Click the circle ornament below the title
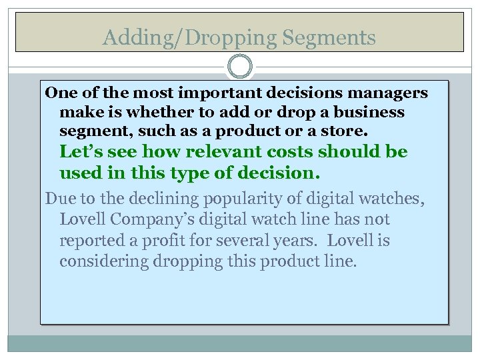click(x=240, y=67)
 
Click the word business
click(x=369, y=111)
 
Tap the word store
click(x=343, y=131)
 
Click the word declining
click(x=145, y=198)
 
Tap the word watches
click(x=394, y=198)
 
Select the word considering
click(x=104, y=261)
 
